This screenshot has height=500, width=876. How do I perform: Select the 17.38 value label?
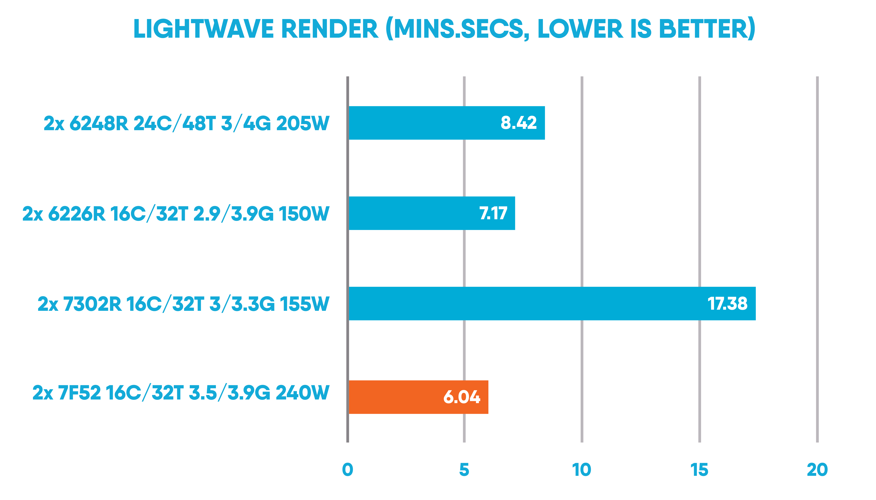click(727, 304)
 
